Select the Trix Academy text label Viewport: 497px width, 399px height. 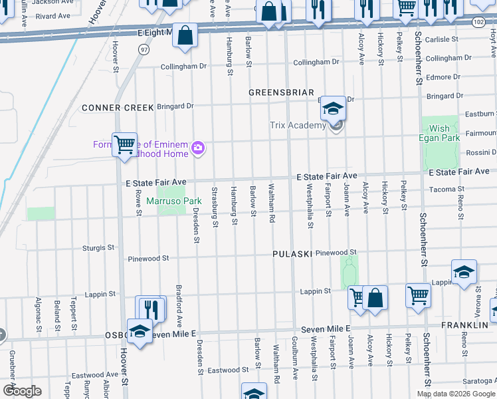click(298, 126)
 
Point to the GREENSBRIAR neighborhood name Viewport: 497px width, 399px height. click(277, 92)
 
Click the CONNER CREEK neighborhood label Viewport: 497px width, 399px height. click(118, 107)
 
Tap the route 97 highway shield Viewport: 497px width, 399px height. click(144, 50)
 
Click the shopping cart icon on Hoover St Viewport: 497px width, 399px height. click(124, 144)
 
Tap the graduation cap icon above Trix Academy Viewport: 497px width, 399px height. click(332, 108)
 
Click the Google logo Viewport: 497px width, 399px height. click(22, 391)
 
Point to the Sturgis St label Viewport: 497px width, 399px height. click(98, 247)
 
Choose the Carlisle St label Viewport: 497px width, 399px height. click(443, 39)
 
